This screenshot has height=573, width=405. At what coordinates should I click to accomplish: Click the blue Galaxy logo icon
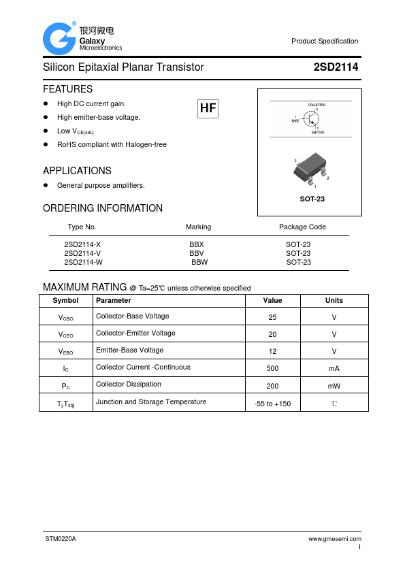point(59,38)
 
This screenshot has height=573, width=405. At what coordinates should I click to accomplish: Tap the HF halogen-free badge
point(208,108)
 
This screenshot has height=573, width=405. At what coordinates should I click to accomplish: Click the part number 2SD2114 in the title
point(336,67)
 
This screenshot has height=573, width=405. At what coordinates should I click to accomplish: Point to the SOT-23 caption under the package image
point(312,199)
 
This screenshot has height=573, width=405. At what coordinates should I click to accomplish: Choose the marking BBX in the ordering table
point(196,244)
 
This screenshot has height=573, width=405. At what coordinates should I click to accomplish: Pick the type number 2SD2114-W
point(83,262)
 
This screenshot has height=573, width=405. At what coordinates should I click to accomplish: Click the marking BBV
point(196,253)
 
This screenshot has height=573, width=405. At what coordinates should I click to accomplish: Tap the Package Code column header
point(302,227)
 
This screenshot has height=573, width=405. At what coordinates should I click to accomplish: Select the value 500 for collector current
point(272,368)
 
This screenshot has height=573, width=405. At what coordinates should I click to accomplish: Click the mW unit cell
point(334,386)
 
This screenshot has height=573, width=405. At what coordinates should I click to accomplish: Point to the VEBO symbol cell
point(65,352)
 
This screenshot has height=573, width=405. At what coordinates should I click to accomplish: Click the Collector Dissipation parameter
point(129,384)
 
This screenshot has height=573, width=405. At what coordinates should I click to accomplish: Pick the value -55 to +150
point(272,404)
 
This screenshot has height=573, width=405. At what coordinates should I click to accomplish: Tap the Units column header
point(334,300)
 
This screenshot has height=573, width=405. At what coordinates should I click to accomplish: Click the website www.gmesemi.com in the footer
point(334,538)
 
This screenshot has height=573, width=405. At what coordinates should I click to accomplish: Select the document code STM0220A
point(61,538)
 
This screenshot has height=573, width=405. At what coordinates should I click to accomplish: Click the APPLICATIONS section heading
point(77,171)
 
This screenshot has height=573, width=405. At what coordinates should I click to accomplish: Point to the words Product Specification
point(325,41)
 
